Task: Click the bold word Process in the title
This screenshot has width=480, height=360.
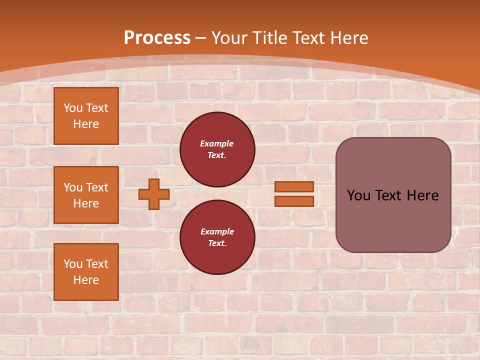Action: [157, 38]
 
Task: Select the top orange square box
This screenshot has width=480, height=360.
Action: [86, 116]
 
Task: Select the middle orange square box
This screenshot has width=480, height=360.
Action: [86, 195]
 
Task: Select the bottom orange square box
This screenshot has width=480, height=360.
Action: [86, 272]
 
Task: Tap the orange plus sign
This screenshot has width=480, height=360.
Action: [154, 194]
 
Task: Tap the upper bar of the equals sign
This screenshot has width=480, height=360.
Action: [294, 186]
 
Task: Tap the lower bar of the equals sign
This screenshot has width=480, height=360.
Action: [294, 201]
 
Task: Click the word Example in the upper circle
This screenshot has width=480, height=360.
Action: [217, 143]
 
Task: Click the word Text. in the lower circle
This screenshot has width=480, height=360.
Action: [217, 243]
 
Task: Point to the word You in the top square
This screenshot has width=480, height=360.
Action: [73, 108]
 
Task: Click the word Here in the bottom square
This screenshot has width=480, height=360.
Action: [86, 280]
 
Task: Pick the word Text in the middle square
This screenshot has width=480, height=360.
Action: [97, 187]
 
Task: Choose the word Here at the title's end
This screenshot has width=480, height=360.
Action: [349, 38]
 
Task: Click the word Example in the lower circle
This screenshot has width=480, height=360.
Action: [217, 231]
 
